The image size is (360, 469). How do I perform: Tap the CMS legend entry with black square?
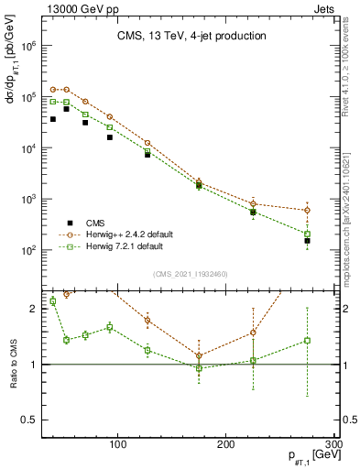click(x=84, y=223)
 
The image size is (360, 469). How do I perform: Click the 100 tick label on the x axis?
click(x=117, y=444)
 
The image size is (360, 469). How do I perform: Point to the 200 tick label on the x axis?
click(x=226, y=444)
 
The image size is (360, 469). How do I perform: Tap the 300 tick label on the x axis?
click(x=333, y=444)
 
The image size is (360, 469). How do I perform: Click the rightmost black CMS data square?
click(x=308, y=241)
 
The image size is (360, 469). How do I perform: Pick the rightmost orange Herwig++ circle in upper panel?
click(x=308, y=210)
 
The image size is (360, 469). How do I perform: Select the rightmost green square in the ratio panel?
click(x=308, y=340)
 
